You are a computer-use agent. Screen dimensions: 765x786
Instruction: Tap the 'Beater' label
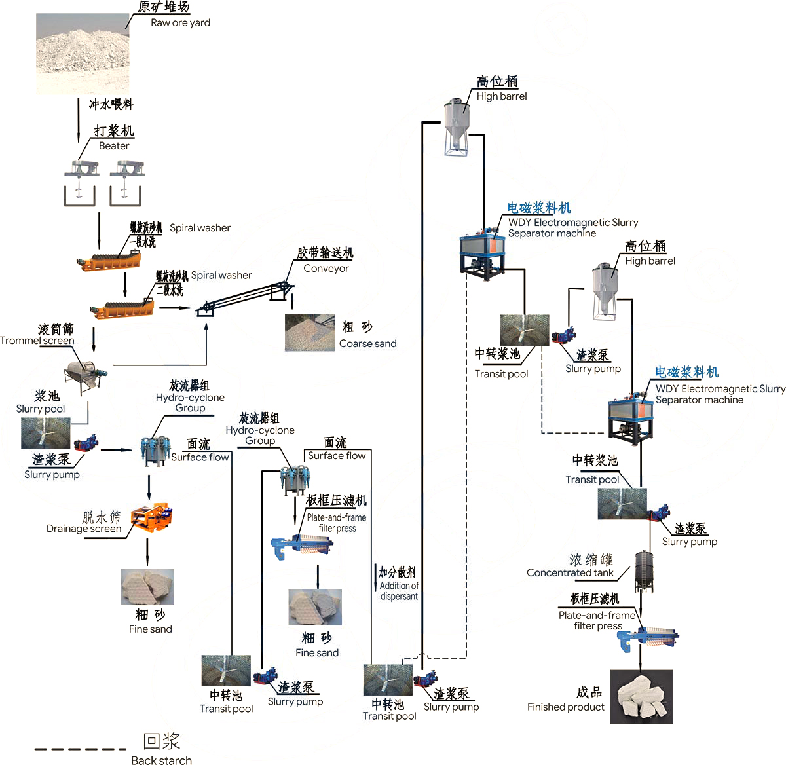coord(114,145)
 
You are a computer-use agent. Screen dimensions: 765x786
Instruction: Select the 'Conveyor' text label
coord(326,268)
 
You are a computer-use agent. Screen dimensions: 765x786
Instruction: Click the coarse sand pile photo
coord(309,332)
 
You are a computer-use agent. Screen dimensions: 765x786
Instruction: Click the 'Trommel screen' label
coord(37,340)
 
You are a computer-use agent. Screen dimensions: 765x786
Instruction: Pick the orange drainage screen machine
coord(151,517)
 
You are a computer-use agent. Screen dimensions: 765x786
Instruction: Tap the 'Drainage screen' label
coord(84,528)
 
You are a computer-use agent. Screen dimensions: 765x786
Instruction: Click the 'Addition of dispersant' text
coord(399,591)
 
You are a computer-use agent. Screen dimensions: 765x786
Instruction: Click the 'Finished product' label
coord(565,707)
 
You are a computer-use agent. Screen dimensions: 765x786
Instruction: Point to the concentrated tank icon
coord(644,570)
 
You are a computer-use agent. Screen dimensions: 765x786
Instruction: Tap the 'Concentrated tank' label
coord(570,572)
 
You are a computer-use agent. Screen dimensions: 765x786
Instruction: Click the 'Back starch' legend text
coord(161,760)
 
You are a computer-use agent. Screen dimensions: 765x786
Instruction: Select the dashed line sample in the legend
coord(80,748)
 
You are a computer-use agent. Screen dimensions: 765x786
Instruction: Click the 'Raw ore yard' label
coord(180,22)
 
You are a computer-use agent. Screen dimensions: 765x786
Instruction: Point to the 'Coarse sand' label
coord(367,343)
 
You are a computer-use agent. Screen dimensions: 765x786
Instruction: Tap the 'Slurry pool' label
coord(41,409)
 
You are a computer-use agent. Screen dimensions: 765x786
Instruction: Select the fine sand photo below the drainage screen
coord(147,586)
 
